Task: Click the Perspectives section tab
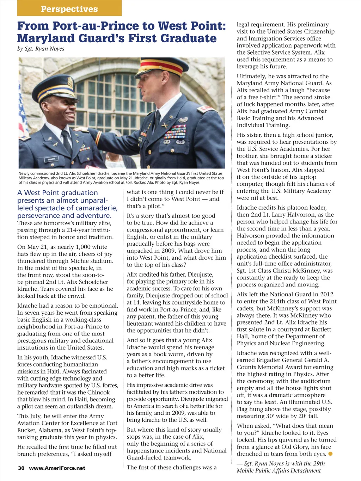click(x=69, y=9)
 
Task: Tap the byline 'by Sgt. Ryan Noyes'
click(x=41, y=49)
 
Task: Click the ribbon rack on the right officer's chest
click(x=175, y=132)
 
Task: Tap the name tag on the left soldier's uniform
click(x=50, y=160)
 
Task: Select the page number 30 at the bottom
click(x=21, y=468)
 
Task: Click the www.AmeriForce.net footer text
click(x=57, y=468)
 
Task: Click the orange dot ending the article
click(x=330, y=454)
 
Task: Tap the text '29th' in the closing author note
click(x=319, y=463)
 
